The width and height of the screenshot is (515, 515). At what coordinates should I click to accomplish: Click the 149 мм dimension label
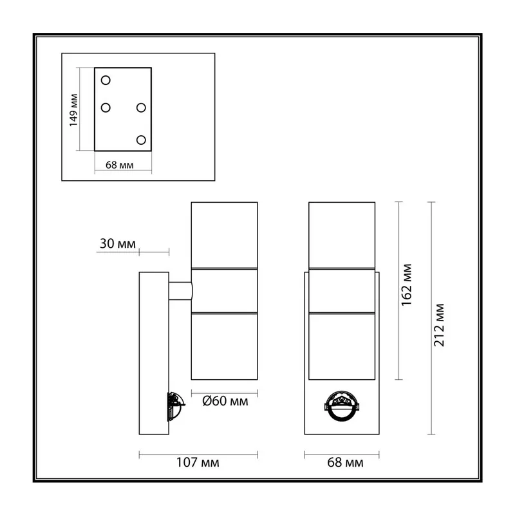(x=73, y=110)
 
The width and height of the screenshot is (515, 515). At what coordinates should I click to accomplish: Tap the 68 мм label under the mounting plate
(x=120, y=165)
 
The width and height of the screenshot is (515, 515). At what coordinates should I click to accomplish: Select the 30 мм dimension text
(x=118, y=244)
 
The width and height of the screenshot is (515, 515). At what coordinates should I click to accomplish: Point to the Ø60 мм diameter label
(x=225, y=401)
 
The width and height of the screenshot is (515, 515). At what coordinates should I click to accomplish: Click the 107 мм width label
(x=198, y=462)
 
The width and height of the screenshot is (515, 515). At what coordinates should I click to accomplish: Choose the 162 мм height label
(x=406, y=285)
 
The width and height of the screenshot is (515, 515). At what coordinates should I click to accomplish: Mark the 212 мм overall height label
(x=439, y=325)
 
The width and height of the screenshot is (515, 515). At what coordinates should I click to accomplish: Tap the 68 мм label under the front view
(x=345, y=462)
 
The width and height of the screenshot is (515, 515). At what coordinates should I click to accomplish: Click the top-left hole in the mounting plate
(x=106, y=80)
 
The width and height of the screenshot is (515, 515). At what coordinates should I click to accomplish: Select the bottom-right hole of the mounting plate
(x=141, y=140)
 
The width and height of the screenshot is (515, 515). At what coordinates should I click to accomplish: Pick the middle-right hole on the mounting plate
(x=141, y=108)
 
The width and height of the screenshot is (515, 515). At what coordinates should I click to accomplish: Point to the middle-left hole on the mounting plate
(x=106, y=108)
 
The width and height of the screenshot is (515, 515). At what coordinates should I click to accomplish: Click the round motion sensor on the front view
(x=342, y=406)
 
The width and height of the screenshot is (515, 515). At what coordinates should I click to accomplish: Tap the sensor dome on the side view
(x=176, y=406)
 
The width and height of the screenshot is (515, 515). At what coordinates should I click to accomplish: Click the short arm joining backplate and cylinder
(x=181, y=291)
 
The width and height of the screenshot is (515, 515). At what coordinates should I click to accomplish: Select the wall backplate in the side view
(x=154, y=353)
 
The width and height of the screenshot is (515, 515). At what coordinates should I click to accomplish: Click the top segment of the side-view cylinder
(x=224, y=235)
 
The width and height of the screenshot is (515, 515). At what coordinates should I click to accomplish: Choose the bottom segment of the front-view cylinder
(x=342, y=346)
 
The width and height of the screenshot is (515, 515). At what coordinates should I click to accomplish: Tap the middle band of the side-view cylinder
(x=224, y=291)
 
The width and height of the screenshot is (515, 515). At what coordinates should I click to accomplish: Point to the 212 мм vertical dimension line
(x=431, y=318)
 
